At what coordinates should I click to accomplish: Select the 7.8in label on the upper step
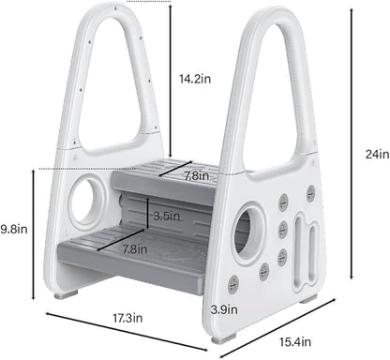(196, 175)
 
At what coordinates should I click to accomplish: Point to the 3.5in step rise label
(168, 216)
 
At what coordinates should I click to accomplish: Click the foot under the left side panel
(65, 292)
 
